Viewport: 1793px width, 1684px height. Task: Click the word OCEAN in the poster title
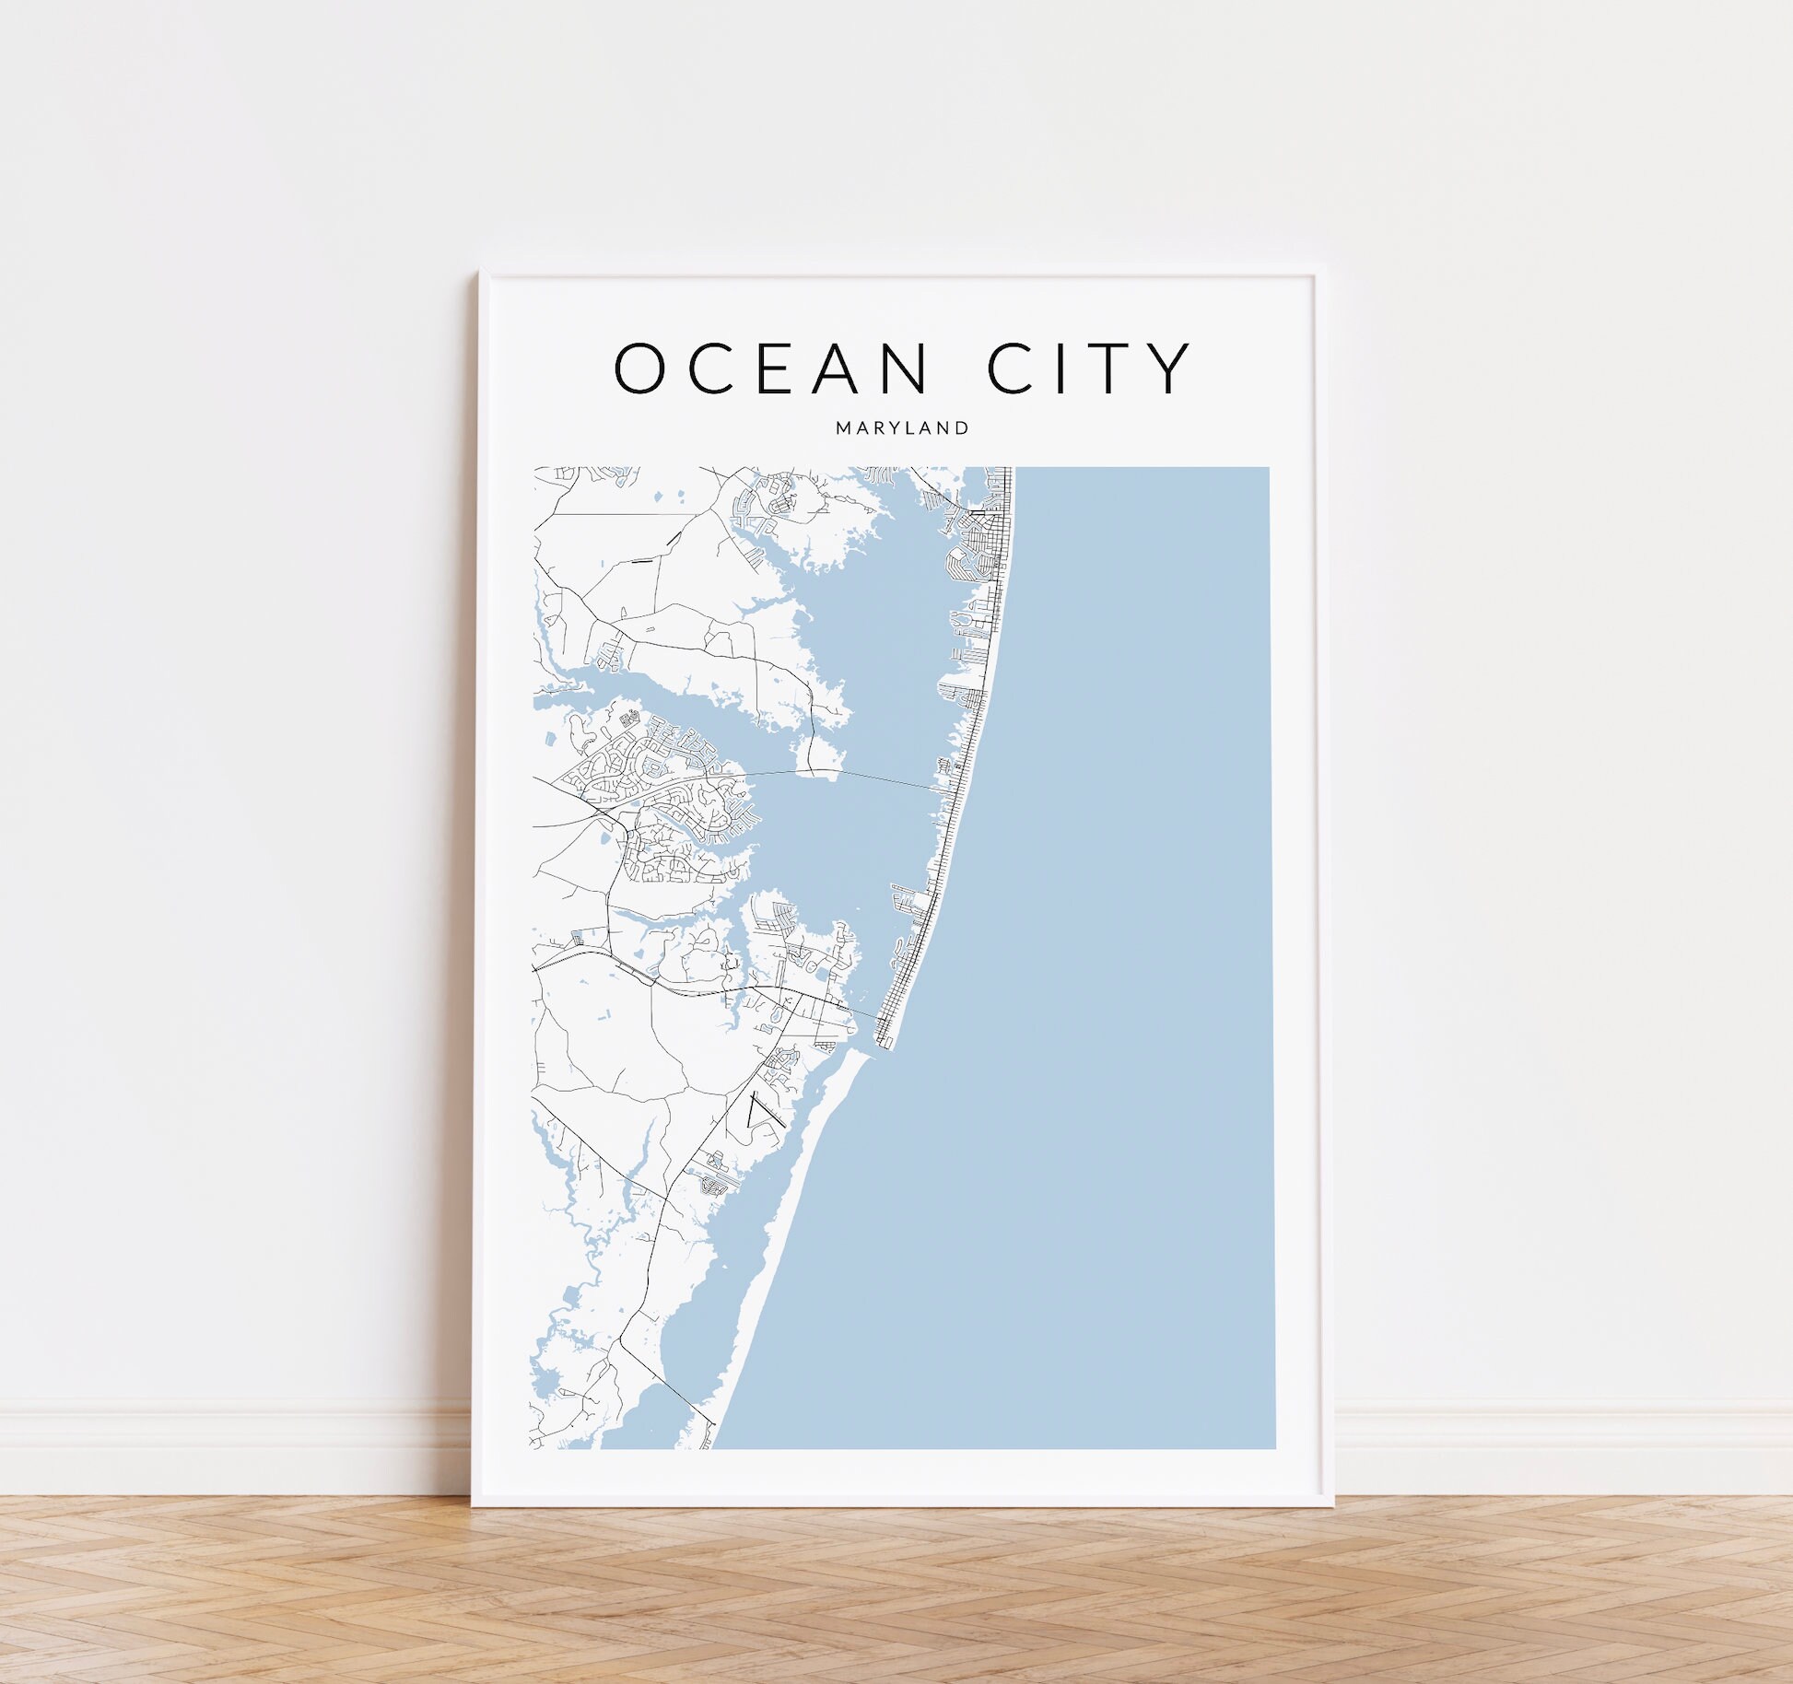click(771, 368)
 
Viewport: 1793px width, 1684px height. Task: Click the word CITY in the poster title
click(1090, 368)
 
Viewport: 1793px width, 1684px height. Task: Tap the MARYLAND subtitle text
click(902, 427)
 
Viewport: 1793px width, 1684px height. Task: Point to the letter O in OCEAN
click(640, 368)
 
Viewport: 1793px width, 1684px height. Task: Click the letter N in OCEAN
click(903, 368)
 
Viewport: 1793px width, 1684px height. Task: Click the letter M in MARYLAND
click(843, 427)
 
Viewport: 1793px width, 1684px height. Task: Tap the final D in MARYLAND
click(963, 427)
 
